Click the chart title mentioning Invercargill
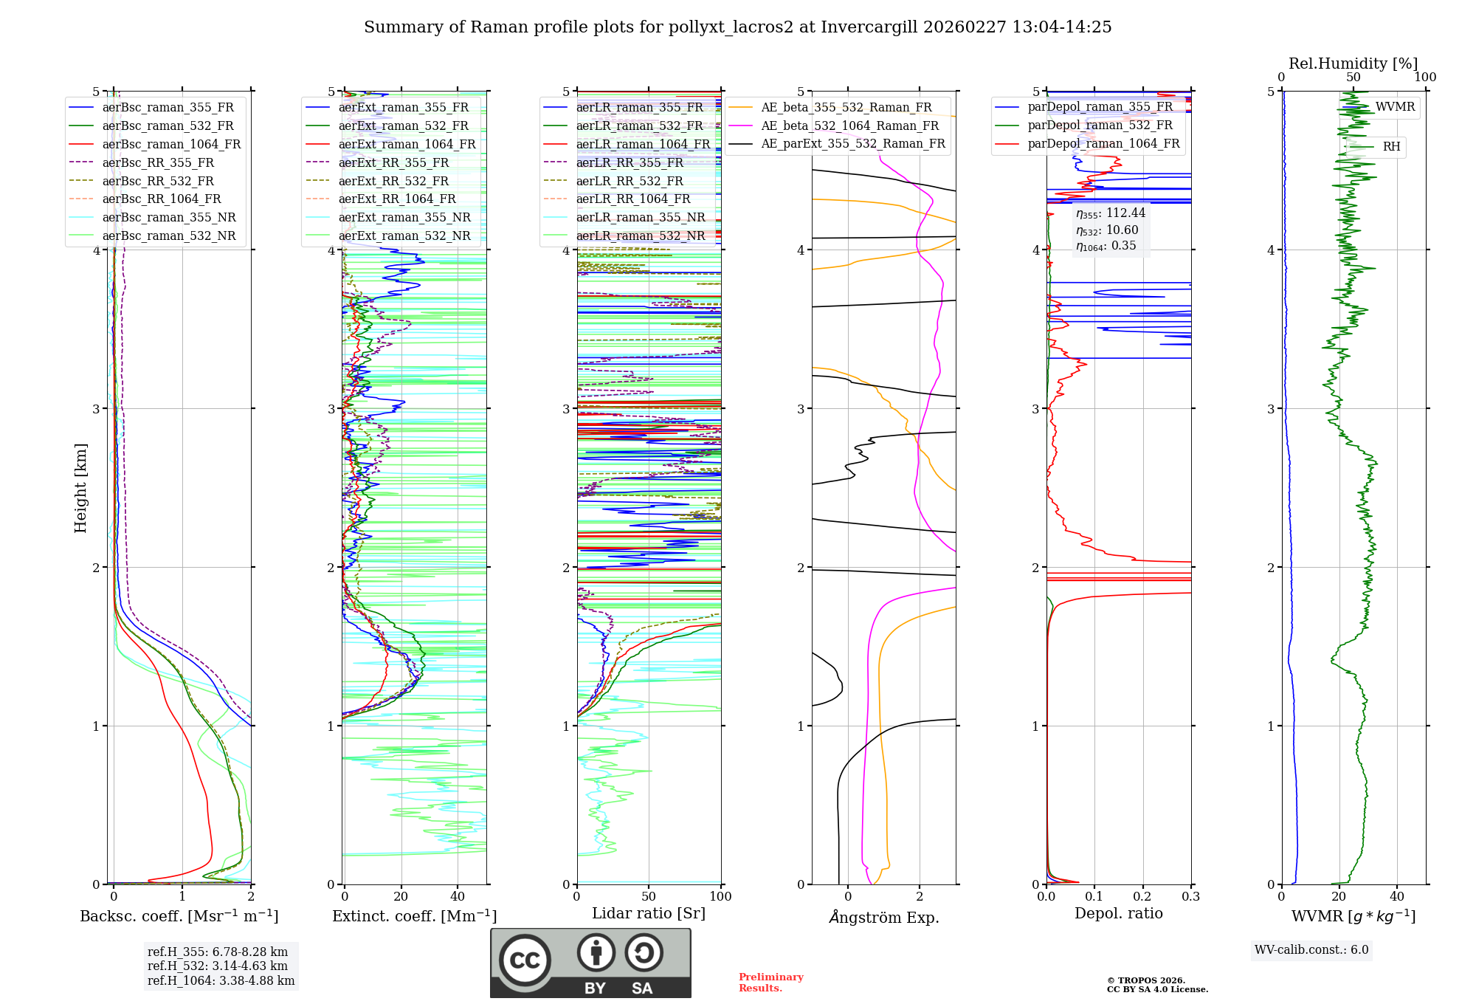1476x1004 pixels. (x=737, y=27)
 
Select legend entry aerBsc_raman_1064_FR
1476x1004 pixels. (x=171, y=144)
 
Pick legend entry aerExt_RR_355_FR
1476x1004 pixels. (x=393, y=162)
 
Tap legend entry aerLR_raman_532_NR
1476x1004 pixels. (x=640, y=235)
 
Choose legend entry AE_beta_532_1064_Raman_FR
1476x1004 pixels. (x=849, y=125)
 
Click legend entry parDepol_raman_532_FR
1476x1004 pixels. (x=1100, y=125)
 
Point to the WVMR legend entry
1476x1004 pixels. (x=1394, y=107)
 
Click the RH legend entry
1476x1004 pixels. (x=1391, y=147)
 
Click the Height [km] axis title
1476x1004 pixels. (x=80, y=488)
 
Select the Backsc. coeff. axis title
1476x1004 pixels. (x=179, y=916)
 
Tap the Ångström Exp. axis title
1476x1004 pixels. (x=884, y=917)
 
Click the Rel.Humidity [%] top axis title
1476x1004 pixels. (x=1353, y=63)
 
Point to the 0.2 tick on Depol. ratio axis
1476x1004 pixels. (x=1142, y=896)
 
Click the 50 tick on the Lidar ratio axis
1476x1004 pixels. (x=649, y=896)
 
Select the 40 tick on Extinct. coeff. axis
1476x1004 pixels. (x=458, y=896)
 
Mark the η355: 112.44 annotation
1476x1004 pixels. (x=1110, y=213)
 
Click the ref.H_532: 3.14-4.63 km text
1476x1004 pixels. (x=218, y=966)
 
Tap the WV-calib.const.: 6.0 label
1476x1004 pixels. (x=1311, y=949)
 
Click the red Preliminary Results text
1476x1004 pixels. (x=770, y=982)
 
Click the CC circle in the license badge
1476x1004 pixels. (x=525, y=960)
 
